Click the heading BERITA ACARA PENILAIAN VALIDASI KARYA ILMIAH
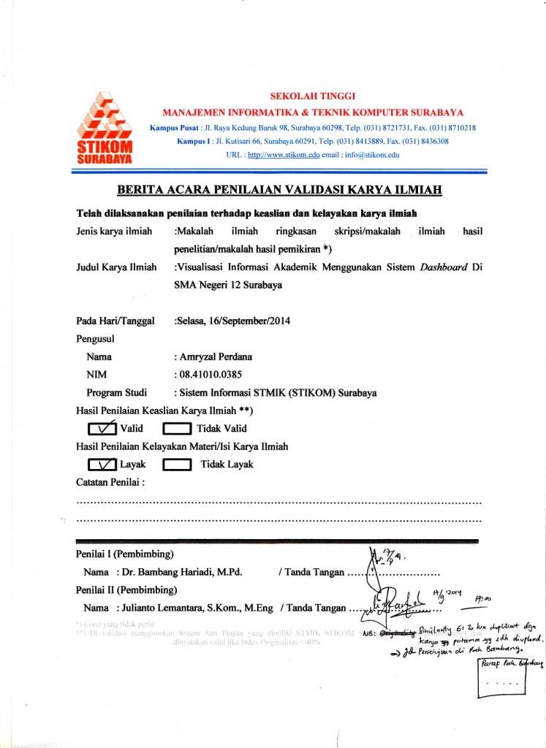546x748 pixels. [x=279, y=191]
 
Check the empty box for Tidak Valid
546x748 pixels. [x=177, y=428]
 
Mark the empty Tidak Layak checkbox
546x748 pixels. [x=177, y=465]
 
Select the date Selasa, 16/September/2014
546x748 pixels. [x=234, y=321]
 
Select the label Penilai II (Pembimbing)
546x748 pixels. [x=127, y=589]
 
